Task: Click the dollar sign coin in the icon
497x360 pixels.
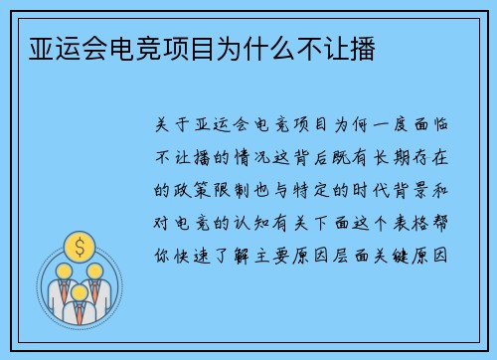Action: click(79, 245)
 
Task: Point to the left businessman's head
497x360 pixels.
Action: click(61, 271)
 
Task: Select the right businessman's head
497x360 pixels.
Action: click(96, 271)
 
